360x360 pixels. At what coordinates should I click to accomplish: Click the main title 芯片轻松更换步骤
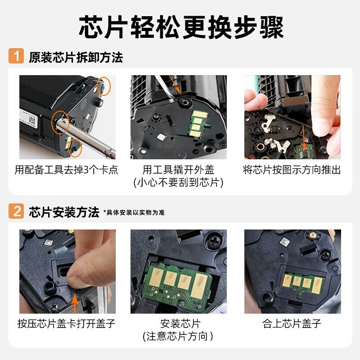[180, 27]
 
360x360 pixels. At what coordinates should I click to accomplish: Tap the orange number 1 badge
[16, 57]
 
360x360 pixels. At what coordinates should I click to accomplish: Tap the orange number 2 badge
[16, 211]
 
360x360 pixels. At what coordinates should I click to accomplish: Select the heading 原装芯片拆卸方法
[76, 58]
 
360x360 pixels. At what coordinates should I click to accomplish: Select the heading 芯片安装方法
[64, 212]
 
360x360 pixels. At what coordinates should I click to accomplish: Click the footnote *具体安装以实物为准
[134, 212]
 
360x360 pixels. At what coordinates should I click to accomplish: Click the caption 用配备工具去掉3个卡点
[67, 170]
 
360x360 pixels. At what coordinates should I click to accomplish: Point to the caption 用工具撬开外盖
[179, 170]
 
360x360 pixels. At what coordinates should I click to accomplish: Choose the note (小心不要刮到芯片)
[179, 182]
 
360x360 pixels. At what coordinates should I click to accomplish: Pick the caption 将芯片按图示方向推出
[292, 170]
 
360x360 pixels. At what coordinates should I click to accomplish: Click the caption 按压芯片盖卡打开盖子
[67, 324]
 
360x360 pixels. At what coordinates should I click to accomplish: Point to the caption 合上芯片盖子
[292, 324]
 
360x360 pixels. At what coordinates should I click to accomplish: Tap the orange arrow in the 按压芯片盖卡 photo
[74, 299]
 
